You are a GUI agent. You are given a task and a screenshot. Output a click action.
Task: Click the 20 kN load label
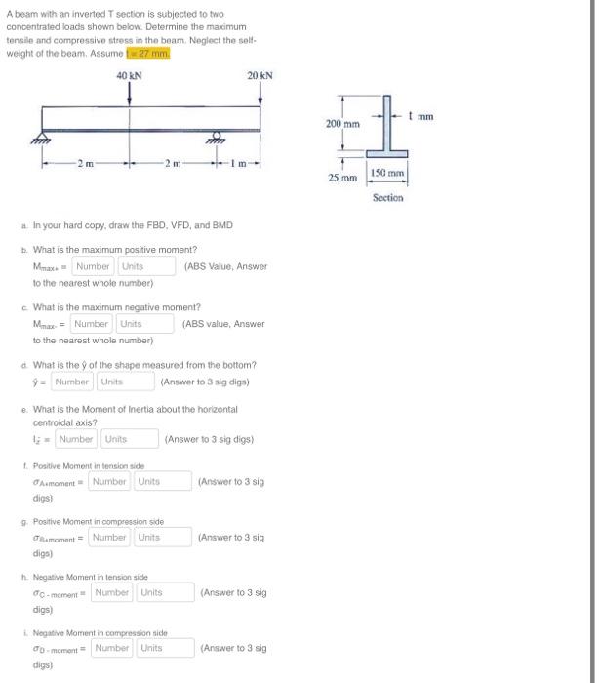(x=260, y=75)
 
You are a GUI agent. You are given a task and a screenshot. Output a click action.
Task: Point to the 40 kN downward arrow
(x=128, y=94)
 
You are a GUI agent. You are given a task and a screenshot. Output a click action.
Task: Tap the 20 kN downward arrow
(x=260, y=94)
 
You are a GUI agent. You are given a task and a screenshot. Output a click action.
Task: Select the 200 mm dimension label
(x=342, y=124)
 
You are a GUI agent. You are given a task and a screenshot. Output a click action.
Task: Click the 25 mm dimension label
(x=341, y=179)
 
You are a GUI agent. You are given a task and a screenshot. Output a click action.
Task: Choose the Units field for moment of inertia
(x=130, y=439)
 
